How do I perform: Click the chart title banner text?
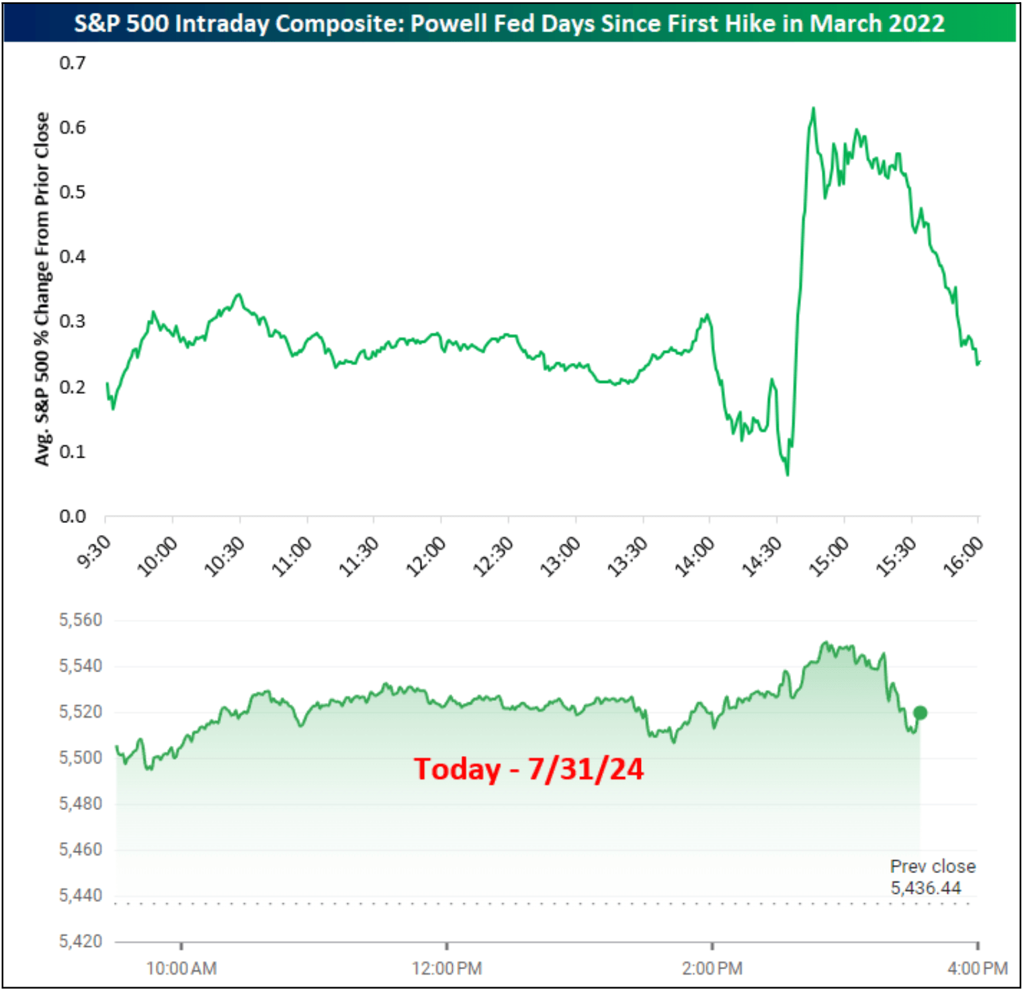tap(509, 24)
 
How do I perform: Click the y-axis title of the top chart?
tap(42, 289)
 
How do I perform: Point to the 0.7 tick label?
tap(73, 63)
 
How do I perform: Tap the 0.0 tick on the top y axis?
tap(73, 517)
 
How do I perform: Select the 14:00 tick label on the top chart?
tap(695, 557)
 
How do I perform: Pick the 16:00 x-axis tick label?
tap(964, 557)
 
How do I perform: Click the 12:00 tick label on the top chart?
tap(426, 557)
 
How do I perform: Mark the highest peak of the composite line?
tap(814, 108)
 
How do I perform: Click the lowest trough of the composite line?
tap(787, 474)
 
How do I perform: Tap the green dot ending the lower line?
tap(921, 713)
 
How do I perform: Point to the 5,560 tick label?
tap(81, 620)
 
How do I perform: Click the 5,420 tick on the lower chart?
tap(81, 942)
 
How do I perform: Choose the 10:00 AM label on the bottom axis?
tap(181, 969)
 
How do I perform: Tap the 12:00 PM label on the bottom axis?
tap(447, 969)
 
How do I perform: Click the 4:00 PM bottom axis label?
tap(978, 969)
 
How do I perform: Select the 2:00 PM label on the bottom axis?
tap(712, 969)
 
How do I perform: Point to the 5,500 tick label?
tap(81, 758)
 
